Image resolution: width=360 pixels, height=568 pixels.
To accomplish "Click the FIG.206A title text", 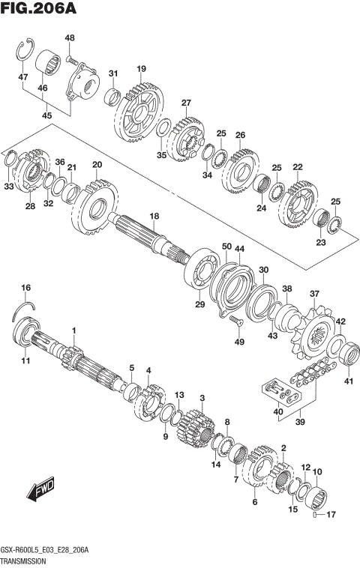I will [41, 10].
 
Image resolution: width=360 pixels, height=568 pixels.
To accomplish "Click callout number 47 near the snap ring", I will [23, 78].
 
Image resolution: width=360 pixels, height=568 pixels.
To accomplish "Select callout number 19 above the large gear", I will [140, 69].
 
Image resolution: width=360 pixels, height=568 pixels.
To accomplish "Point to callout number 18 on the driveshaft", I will [153, 216].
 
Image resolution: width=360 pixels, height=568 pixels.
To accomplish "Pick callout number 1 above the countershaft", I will [74, 330].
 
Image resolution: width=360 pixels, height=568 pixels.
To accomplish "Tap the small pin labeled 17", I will [315, 514].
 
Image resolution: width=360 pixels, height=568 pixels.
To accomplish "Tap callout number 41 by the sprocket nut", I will [347, 382].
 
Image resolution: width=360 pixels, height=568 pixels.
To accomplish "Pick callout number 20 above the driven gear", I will [97, 165].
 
